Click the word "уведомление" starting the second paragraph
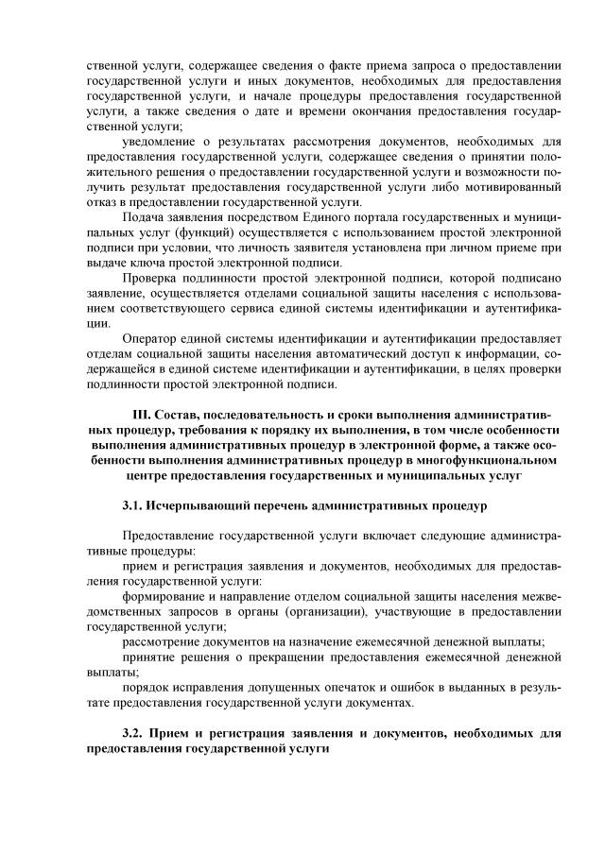pos(158,142)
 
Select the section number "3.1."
pos(134,505)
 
